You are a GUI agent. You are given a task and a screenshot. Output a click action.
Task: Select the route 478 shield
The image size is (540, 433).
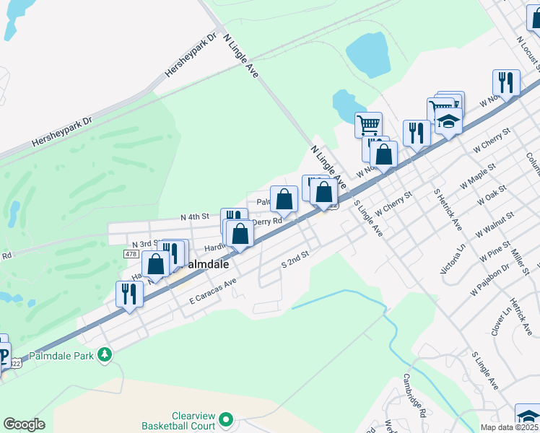point(131,253)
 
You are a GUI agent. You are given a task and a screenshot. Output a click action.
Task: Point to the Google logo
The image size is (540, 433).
point(24,424)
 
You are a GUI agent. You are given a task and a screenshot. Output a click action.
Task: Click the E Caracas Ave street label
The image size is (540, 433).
point(214,289)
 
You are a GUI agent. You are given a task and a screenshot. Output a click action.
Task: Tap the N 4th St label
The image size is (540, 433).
point(194,216)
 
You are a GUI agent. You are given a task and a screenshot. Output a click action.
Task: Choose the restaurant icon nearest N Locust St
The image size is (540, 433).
point(506,82)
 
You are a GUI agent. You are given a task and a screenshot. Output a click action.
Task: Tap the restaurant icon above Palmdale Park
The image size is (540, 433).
point(129,293)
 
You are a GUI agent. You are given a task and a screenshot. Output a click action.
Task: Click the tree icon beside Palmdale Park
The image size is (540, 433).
point(105,354)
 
